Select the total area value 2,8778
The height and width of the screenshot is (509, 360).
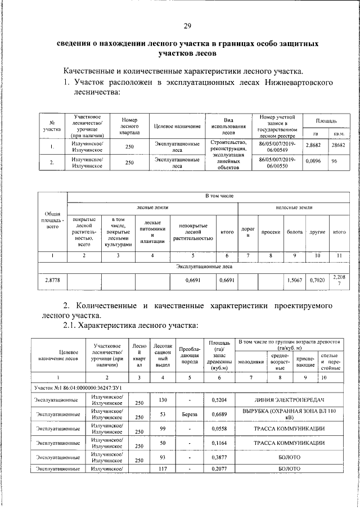coord(52,280)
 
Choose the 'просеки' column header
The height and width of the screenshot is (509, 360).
coord(271,232)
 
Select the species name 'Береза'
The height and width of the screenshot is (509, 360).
coord(189,415)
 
